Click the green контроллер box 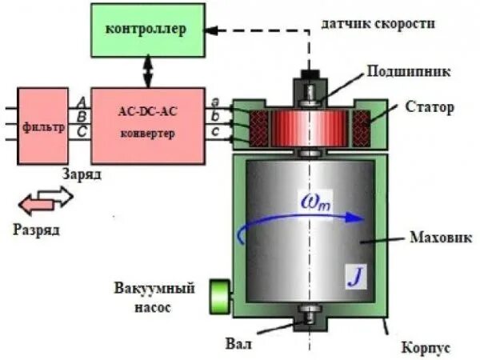click(x=146, y=30)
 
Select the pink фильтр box click(x=42, y=126)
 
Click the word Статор click(x=430, y=105)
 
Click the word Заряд click(x=83, y=173)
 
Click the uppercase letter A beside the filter click(x=82, y=101)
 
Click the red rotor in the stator click(x=309, y=126)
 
